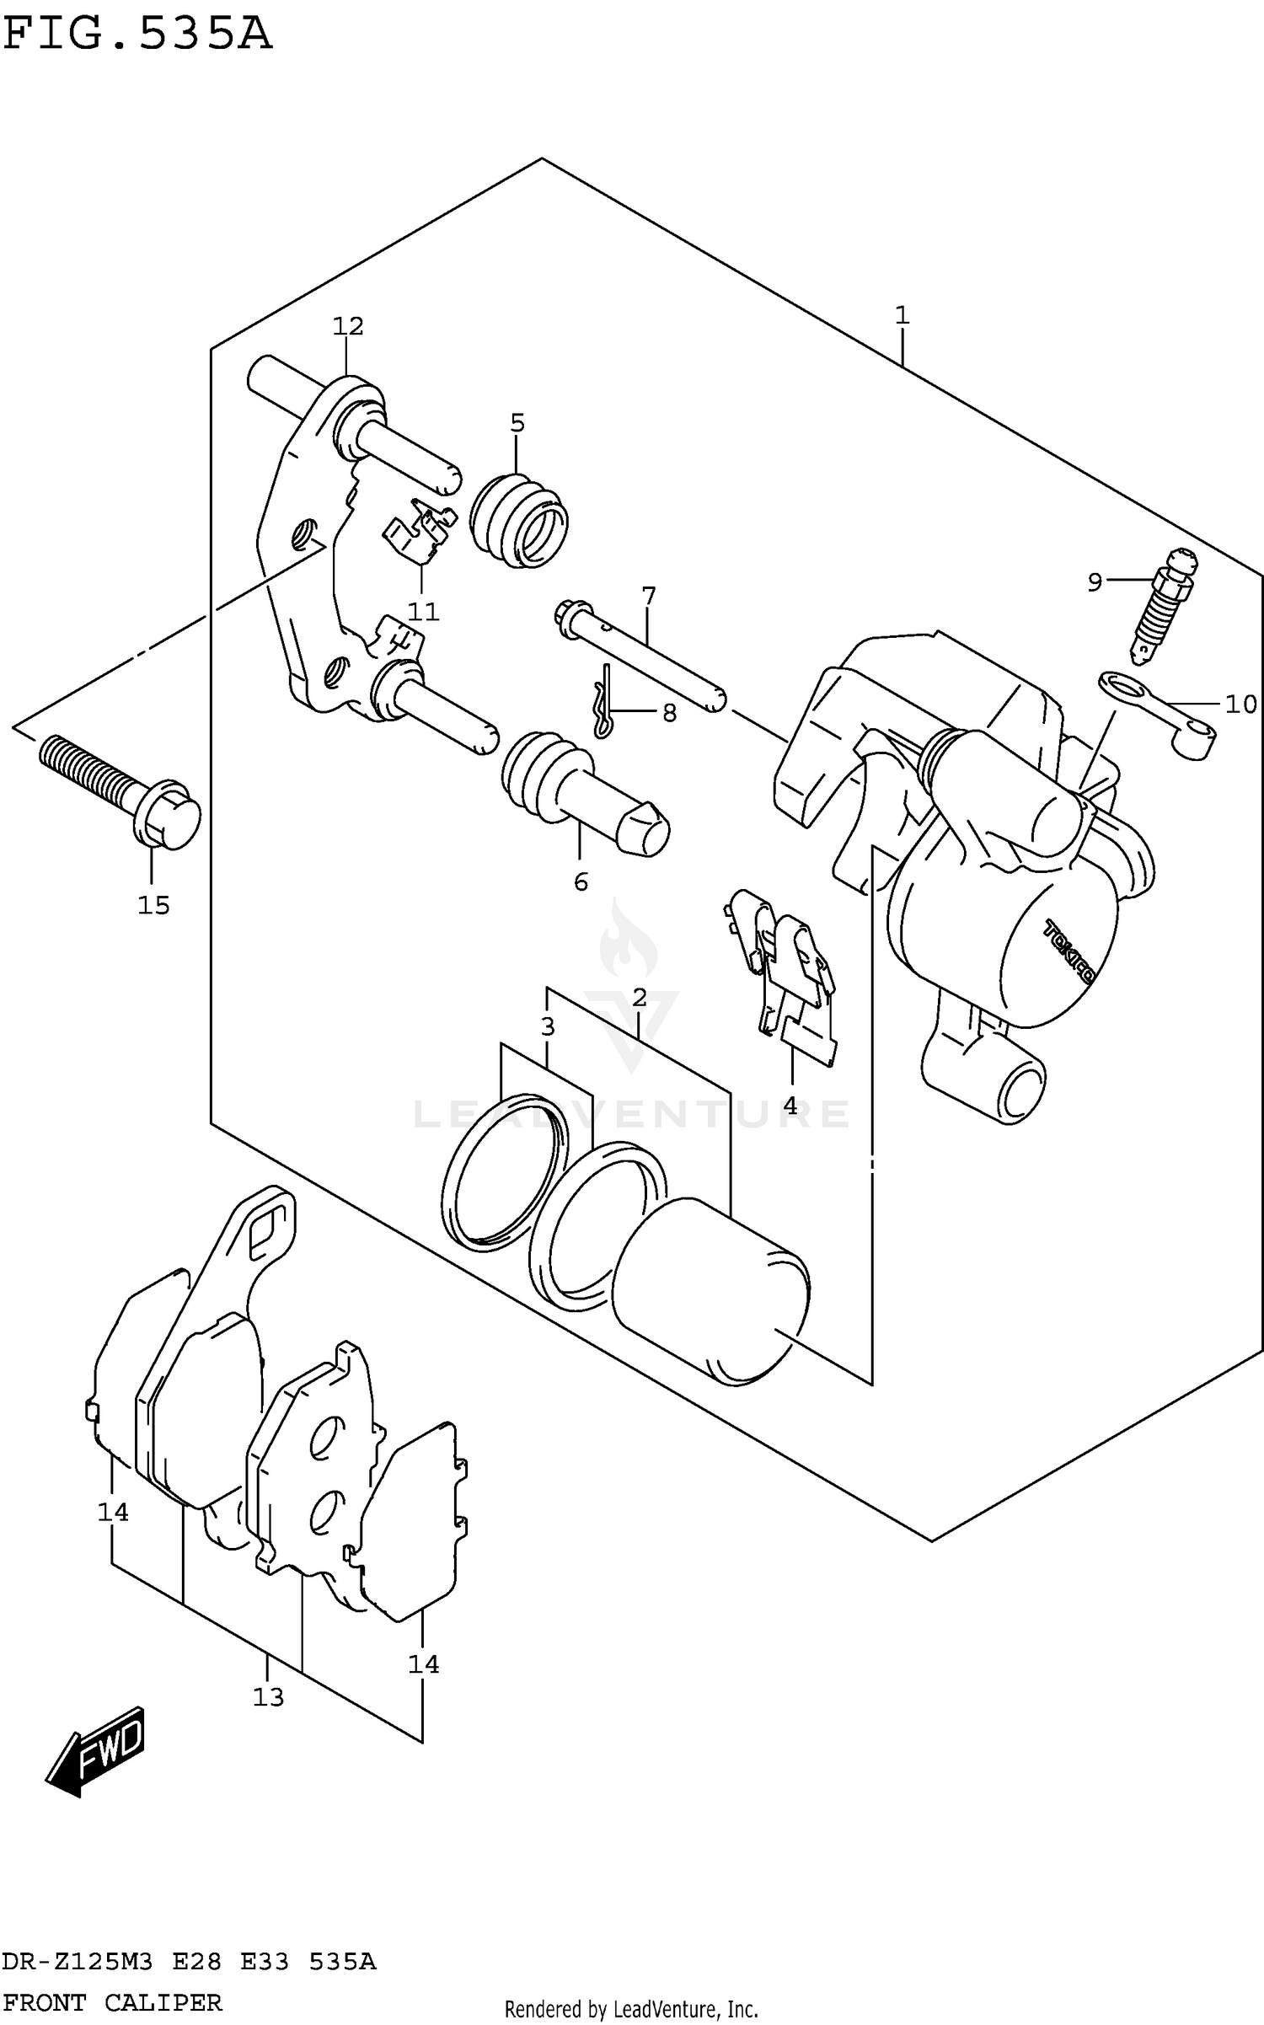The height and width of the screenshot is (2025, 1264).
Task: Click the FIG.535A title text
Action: [137, 35]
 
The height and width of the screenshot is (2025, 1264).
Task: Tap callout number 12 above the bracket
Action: [347, 326]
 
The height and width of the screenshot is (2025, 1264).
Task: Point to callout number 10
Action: [1240, 704]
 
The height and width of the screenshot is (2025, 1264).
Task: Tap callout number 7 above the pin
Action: [648, 597]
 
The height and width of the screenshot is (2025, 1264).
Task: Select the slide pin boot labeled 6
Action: [581, 792]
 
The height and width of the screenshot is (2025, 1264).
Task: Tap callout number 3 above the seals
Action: [548, 1026]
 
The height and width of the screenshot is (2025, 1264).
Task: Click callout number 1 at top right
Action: [902, 316]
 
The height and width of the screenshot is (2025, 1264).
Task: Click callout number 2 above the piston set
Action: [640, 998]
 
